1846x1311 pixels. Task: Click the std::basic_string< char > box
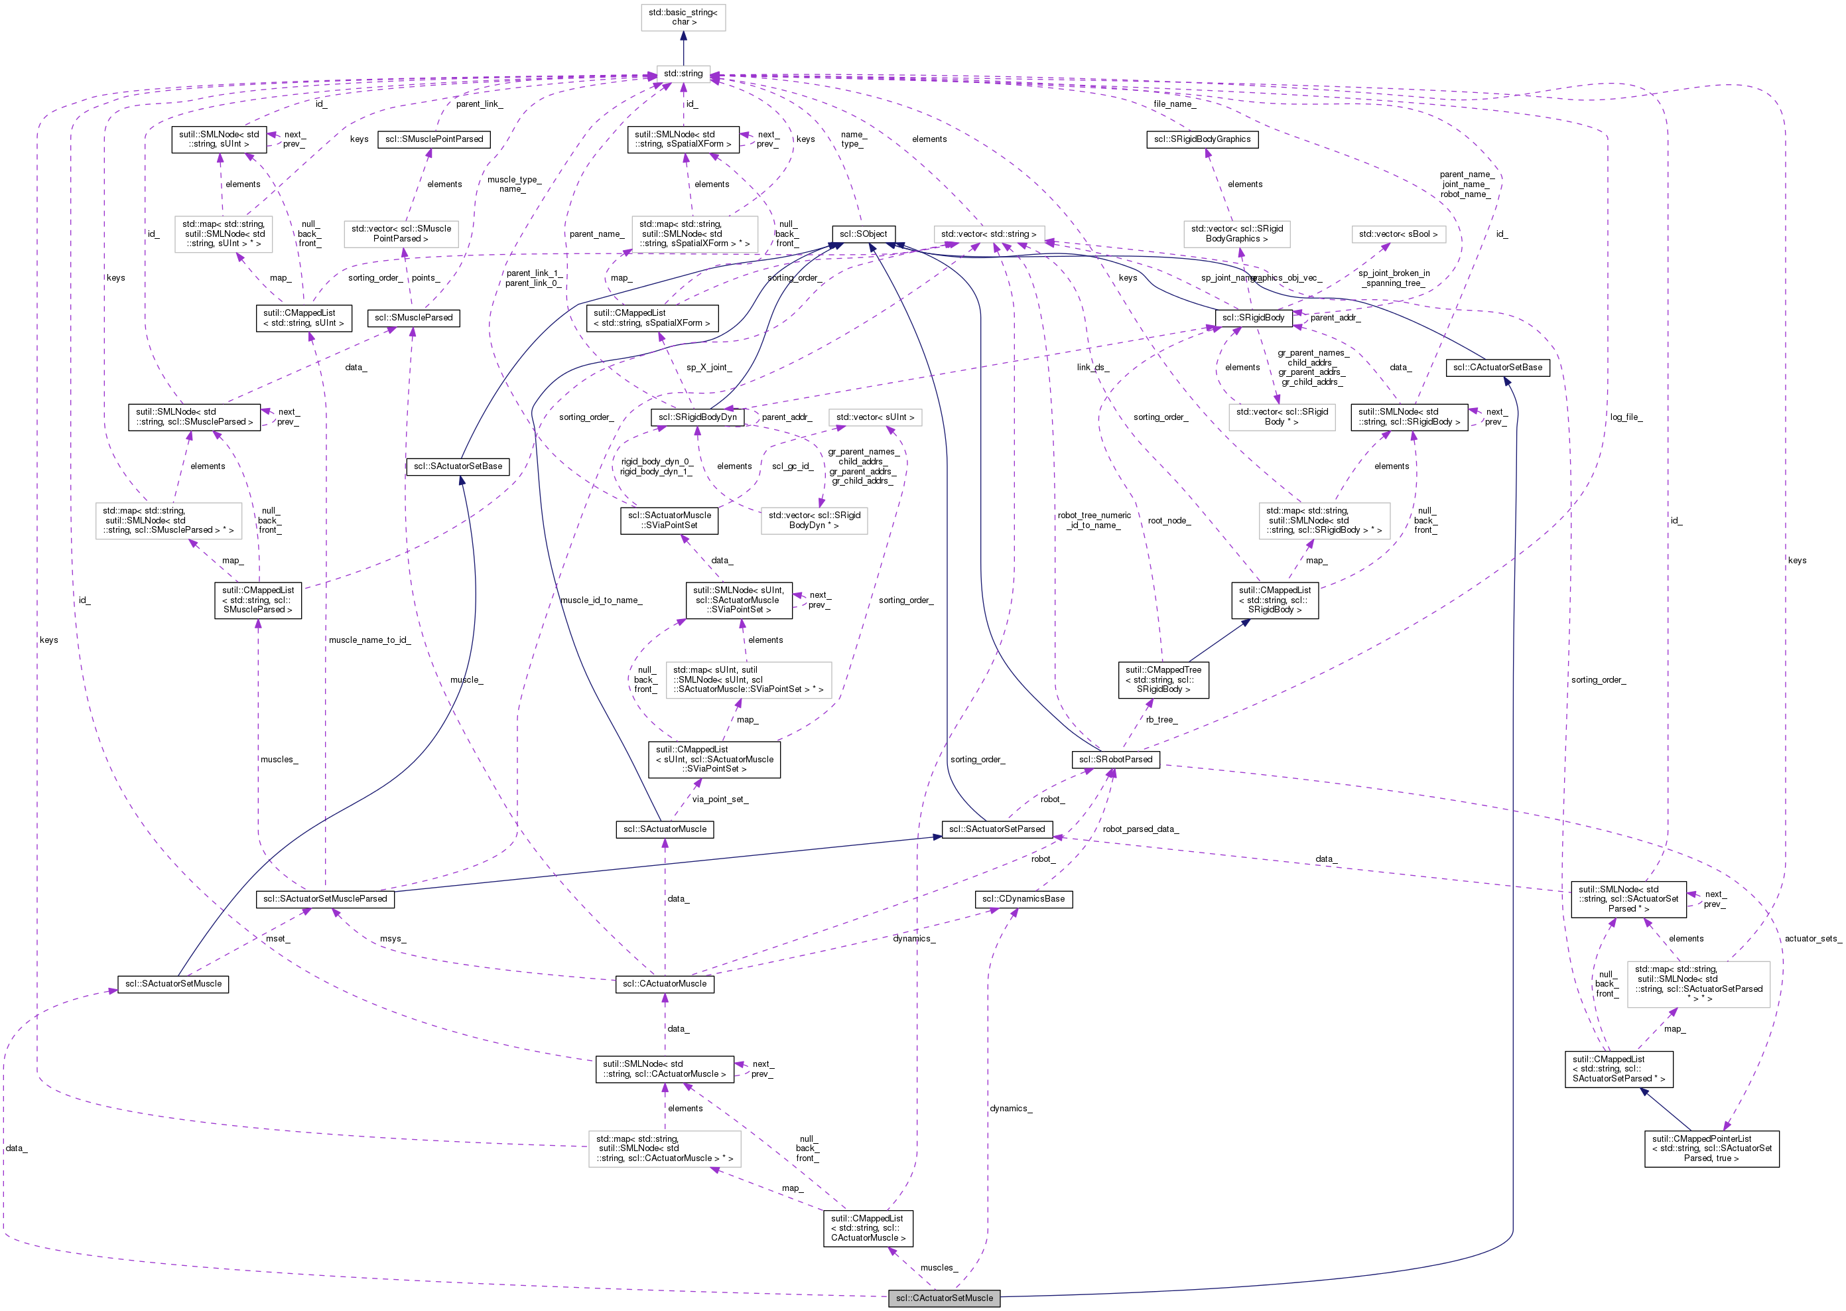click(683, 17)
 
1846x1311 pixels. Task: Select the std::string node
click(683, 74)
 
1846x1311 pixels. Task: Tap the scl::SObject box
click(863, 234)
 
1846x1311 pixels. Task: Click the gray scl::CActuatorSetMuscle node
click(945, 1298)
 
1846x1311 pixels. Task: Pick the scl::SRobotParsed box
click(1116, 760)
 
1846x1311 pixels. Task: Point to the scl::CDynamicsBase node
click(1023, 899)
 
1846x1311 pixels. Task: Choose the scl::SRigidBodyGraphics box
click(1202, 139)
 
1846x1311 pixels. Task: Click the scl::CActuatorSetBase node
click(1497, 368)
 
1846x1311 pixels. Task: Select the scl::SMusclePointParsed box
click(434, 139)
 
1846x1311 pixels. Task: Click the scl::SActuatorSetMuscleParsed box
click(325, 899)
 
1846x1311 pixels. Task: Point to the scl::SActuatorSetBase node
click(458, 466)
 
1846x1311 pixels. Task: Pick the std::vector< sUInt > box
click(875, 417)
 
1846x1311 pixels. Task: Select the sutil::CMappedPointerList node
click(1711, 1148)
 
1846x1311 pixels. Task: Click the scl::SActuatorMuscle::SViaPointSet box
click(669, 521)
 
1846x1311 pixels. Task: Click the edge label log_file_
click(1626, 417)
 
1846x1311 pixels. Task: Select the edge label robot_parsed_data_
click(1140, 829)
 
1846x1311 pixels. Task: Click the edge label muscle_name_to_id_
click(369, 640)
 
